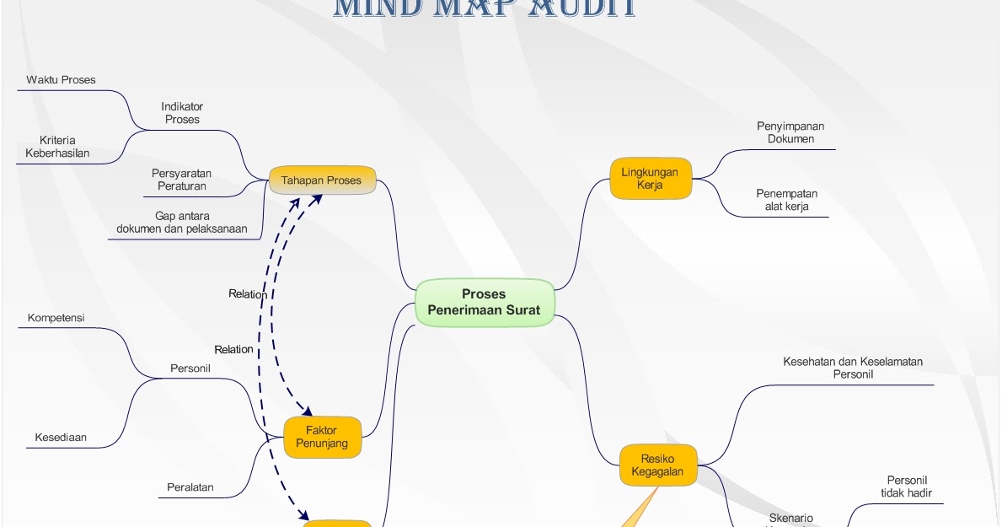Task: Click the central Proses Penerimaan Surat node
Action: click(x=484, y=302)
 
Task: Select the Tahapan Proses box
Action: click(x=321, y=180)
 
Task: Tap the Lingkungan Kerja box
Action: click(x=650, y=178)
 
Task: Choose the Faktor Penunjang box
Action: click(x=321, y=437)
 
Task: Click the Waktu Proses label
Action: click(x=61, y=80)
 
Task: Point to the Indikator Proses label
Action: click(x=182, y=113)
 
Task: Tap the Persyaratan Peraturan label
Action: click(x=182, y=180)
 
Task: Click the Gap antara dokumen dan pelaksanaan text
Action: click(x=182, y=222)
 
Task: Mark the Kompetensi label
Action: click(x=56, y=318)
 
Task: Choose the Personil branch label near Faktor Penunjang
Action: click(x=190, y=368)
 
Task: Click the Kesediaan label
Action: click(x=61, y=438)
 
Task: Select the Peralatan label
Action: click(x=190, y=487)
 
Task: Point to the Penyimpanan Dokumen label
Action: click(x=790, y=132)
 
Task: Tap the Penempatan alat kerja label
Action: click(x=786, y=200)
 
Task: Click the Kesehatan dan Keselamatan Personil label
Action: click(x=853, y=368)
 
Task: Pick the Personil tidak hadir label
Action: click(x=906, y=487)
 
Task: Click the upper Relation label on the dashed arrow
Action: click(x=248, y=294)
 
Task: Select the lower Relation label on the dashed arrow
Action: click(x=233, y=349)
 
